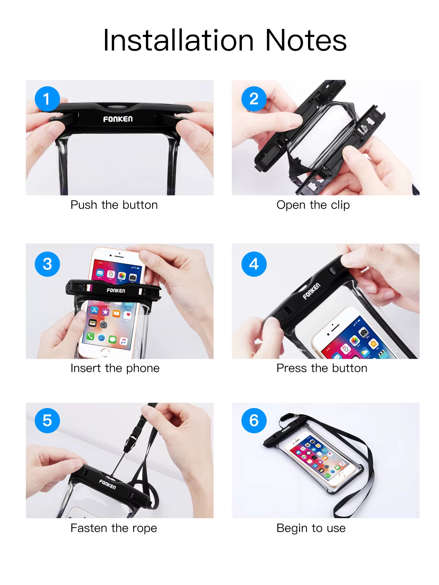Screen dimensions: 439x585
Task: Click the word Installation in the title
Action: (178, 41)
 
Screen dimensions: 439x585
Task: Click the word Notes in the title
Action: (305, 41)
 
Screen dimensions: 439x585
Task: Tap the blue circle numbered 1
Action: (47, 99)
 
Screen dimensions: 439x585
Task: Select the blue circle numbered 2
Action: (254, 99)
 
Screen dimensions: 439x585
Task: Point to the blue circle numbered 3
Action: (47, 264)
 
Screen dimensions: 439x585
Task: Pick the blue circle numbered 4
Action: (254, 264)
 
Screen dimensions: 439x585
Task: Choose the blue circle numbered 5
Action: (47, 420)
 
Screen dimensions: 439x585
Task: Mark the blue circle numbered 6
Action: (254, 420)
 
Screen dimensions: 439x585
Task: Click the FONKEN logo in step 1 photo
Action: (118, 119)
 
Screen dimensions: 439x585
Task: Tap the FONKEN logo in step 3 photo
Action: (116, 290)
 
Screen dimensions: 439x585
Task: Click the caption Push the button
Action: (114, 205)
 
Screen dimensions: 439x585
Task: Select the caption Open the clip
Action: (313, 205)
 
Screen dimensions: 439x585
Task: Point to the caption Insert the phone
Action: (115, 368)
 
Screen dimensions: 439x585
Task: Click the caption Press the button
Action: (322, 368)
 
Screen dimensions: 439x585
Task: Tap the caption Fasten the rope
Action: (114, 528)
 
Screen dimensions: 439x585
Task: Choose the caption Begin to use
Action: (311, 528)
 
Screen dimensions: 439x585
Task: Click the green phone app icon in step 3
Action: (90, 336)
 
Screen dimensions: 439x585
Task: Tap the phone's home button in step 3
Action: (105, 352)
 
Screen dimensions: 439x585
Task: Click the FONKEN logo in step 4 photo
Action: (311, 291)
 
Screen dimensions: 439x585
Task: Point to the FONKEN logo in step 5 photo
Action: (108, 484)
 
